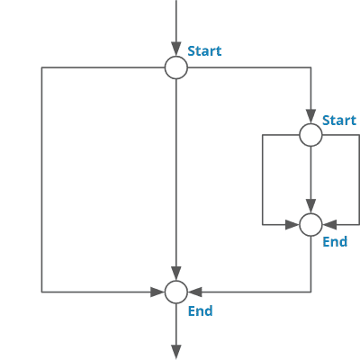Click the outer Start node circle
tap(176, 67)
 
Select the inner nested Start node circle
tap(310, 135)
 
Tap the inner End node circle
tap(310, 224)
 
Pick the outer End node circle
tap(176, 292)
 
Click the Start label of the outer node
tap(204, 51)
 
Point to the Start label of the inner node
tap(339, 120)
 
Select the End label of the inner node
tap(335, 242)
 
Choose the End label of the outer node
tap(200, 310)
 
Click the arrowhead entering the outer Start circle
tap(176, 50)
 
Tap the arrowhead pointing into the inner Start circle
tap(310, 118)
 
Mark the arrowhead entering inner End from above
tap(310, 207)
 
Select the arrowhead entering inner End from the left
tap(293, 224)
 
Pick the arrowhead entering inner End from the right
tap(328, 224)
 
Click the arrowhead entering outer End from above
tap(176, 274)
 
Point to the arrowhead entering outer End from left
tap(159, 292)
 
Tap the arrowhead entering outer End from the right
tap(193, 292)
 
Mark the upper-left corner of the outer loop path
tap(41, 67)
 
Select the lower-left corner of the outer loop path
tap(41, 292)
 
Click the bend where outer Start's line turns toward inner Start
tap(310, 67)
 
